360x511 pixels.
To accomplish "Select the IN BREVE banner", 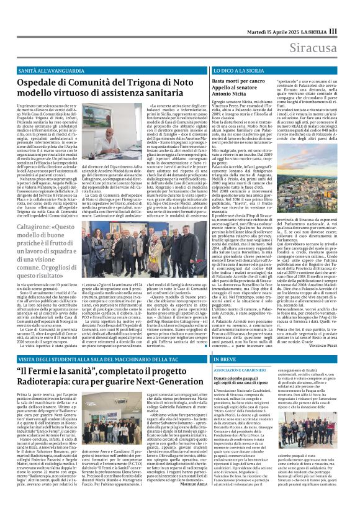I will click(x=241, y=342).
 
